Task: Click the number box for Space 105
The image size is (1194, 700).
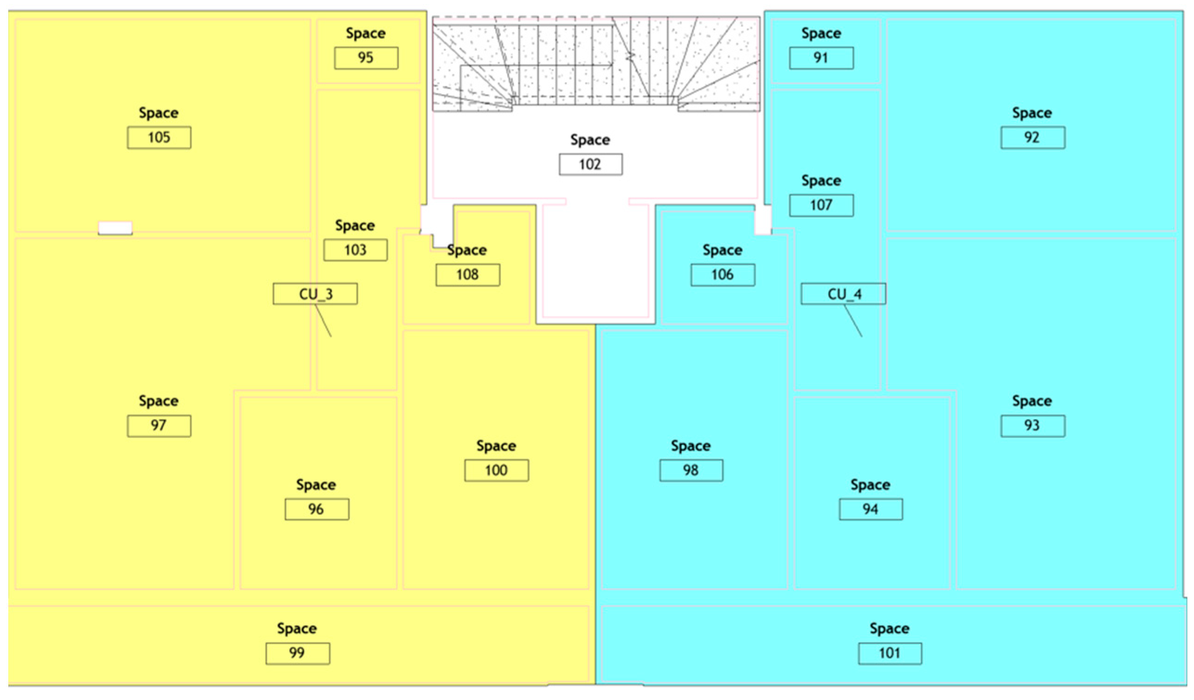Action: (159, 137)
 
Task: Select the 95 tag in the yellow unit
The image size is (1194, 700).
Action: (366, 58)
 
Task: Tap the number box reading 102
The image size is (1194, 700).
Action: (590, 165)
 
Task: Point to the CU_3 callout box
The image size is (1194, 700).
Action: (315, 294)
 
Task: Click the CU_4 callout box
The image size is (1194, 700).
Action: (843, 294)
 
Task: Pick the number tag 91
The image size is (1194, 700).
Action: (821, 58)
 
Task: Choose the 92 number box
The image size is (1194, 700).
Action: (1033, 137)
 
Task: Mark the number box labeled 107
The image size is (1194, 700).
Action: (821, 205)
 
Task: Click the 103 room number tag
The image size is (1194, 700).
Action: (355, 250)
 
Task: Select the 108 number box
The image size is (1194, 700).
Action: (468, 275)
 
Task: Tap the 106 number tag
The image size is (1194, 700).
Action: (722, 275)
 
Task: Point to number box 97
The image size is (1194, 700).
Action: (159, 425)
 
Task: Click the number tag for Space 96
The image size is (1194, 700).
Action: (317, 509)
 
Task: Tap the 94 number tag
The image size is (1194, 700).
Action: (871, 509)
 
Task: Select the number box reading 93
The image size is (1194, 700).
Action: (1033, 425)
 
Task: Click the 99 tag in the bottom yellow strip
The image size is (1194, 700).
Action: (298, 653)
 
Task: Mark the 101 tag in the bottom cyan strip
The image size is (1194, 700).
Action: (890, 653)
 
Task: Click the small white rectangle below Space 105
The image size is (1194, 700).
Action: (115, 228)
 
